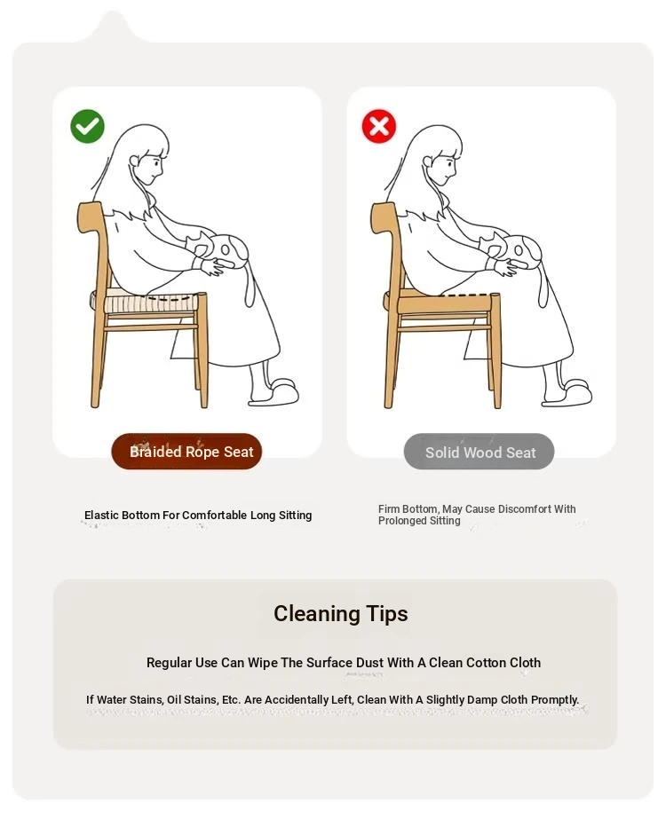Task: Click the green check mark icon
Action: coord(87,126)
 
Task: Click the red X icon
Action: coord(378,126)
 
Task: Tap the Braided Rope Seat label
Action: coord(186,452)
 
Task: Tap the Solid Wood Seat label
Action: coord(479,452)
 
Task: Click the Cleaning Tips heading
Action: coord(340,613)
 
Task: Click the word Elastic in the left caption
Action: coord(101,515)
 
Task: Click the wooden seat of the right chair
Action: coord(440,302)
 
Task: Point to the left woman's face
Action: coord(150,168)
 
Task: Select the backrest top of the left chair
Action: coord(90,217)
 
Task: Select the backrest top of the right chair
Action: coord(383,217)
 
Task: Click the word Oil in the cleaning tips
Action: coord(174,700)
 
